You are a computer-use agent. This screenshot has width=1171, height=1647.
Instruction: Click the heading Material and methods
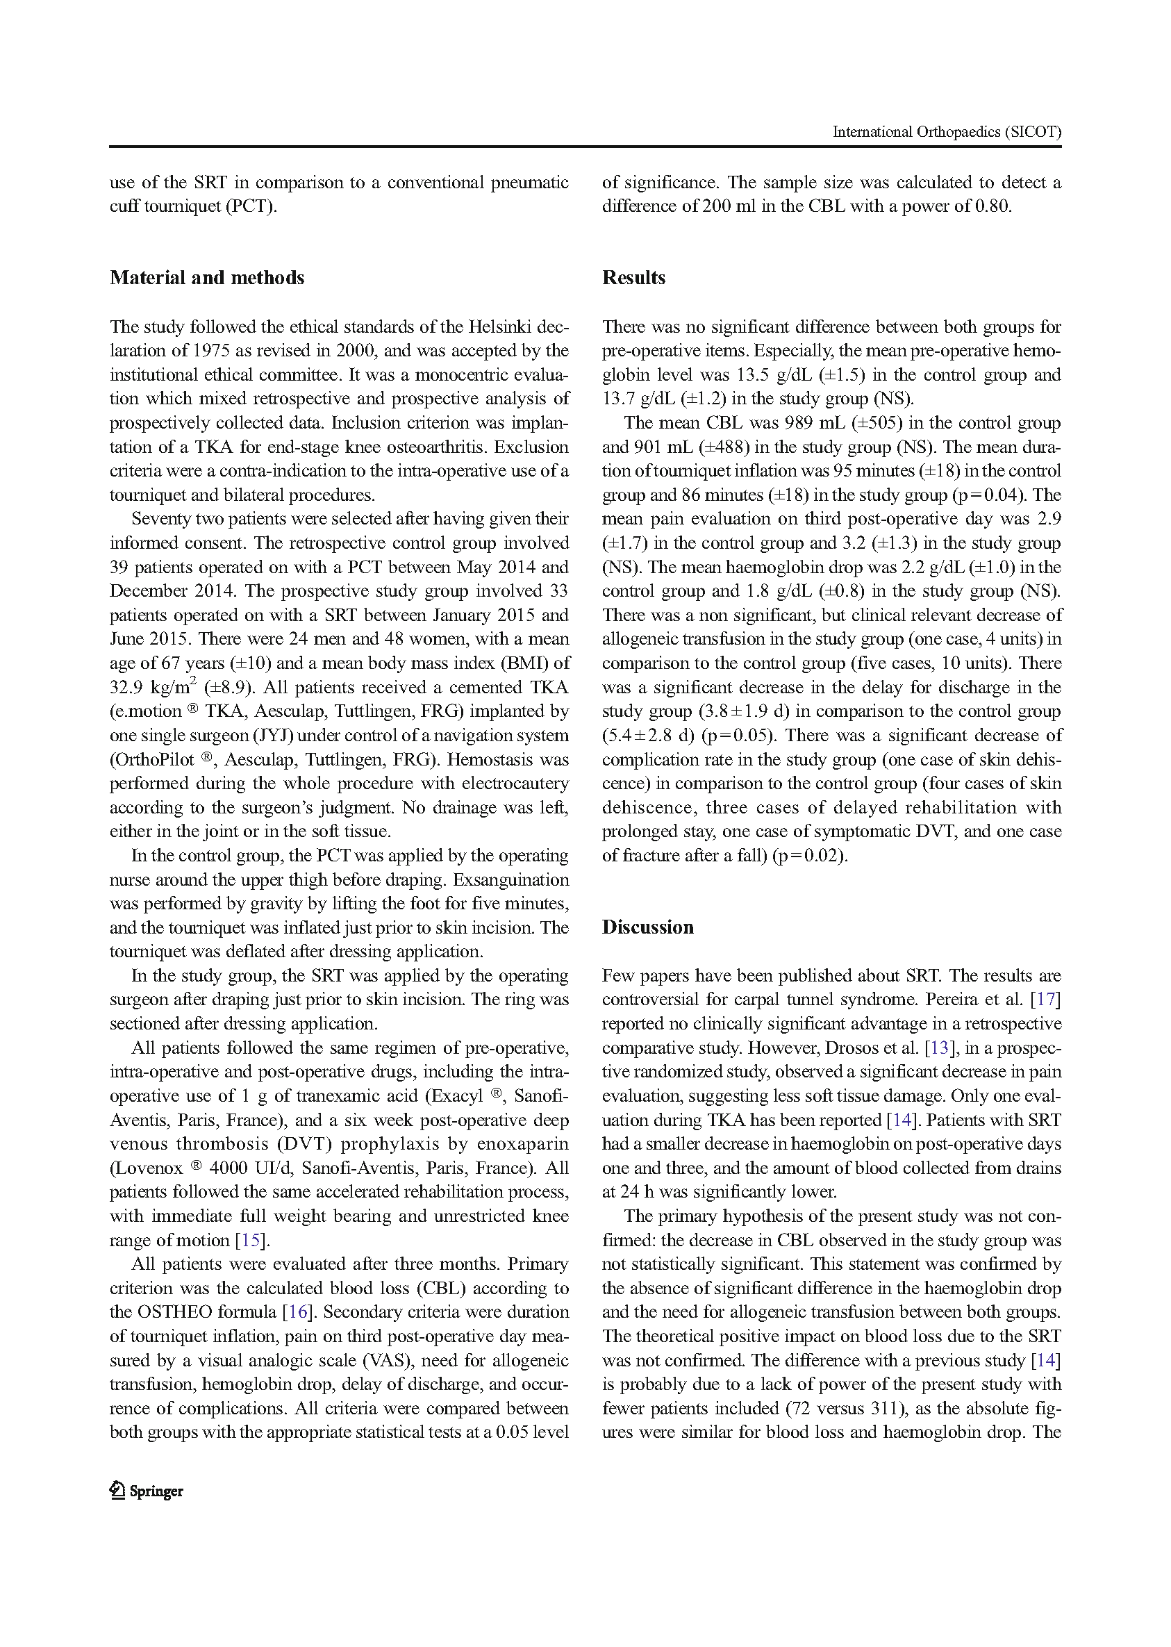207,278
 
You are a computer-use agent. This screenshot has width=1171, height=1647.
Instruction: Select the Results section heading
633,278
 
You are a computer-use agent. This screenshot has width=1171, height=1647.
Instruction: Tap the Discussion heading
647,927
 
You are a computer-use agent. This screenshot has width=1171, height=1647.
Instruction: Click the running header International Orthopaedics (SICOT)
946,132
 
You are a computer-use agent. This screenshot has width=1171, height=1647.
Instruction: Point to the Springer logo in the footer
147,1491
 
